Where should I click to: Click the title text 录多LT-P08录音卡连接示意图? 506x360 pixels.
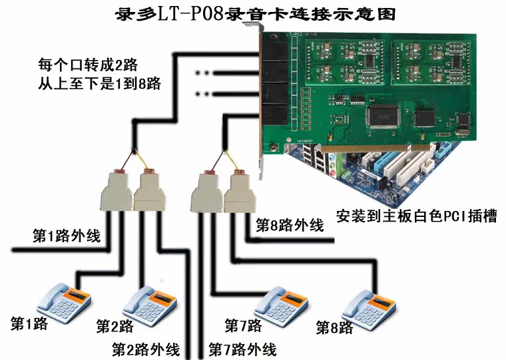tap(250, 13)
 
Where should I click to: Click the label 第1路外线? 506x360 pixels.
tap(67, 235)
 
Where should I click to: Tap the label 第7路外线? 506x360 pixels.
tap(242, 349)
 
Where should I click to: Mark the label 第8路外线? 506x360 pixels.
tap(291, 226)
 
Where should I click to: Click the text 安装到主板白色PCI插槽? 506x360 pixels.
tap(416, 216)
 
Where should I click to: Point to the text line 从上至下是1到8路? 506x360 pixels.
tap(99, 85)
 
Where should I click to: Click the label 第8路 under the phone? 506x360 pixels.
tap(335, 327)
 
